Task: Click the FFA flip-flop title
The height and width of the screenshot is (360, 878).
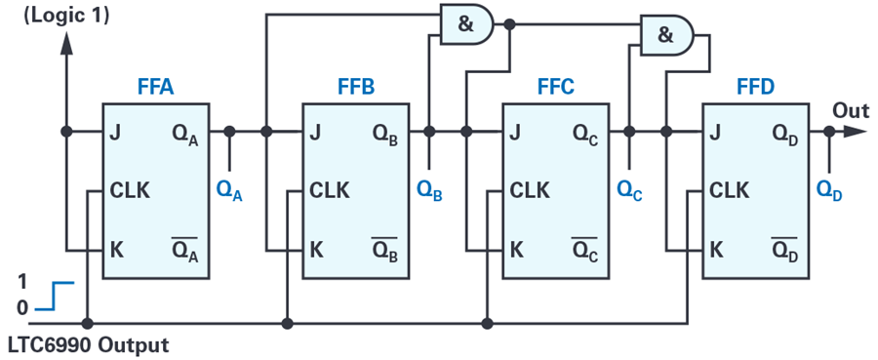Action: point(155,88)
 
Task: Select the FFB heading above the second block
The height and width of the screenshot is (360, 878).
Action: point(354,88)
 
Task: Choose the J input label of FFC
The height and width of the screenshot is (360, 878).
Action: point(515,132)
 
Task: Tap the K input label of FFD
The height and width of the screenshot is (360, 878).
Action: point(715,249)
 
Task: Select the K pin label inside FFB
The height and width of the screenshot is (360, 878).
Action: point(316,249)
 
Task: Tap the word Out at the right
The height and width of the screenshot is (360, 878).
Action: point(851,110)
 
